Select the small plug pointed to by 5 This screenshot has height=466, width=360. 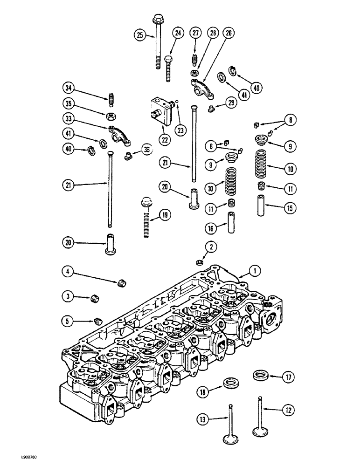(98, 320)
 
